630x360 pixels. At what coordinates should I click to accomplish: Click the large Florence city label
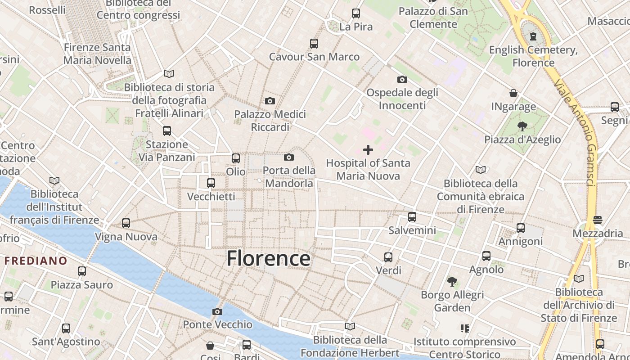268,259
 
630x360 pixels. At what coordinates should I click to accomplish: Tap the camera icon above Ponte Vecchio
217,311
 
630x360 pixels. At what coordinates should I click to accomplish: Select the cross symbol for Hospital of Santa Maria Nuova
368,150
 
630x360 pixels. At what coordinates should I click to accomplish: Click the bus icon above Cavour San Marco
314,44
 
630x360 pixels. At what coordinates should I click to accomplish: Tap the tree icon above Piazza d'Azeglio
522,126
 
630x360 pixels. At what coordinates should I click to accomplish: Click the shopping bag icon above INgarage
513,94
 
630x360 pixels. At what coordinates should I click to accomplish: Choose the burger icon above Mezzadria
598,220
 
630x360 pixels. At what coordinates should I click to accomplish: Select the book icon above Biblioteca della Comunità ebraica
481,170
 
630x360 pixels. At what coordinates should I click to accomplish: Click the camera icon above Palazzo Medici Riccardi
270,101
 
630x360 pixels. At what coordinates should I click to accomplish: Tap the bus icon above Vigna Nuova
126,223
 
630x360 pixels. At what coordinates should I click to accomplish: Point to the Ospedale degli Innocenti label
402,99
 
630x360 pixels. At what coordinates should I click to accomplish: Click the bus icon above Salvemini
412,217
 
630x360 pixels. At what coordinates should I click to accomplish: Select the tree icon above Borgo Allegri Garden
452,282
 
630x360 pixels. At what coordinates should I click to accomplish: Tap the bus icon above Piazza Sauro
82,271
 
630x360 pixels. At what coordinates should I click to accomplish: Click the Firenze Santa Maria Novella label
97,54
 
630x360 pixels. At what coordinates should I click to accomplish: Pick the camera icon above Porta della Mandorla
289,157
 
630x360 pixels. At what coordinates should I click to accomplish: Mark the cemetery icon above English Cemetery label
533,36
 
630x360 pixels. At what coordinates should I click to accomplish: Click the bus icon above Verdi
388,257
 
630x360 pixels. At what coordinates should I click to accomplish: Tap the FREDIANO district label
36,261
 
